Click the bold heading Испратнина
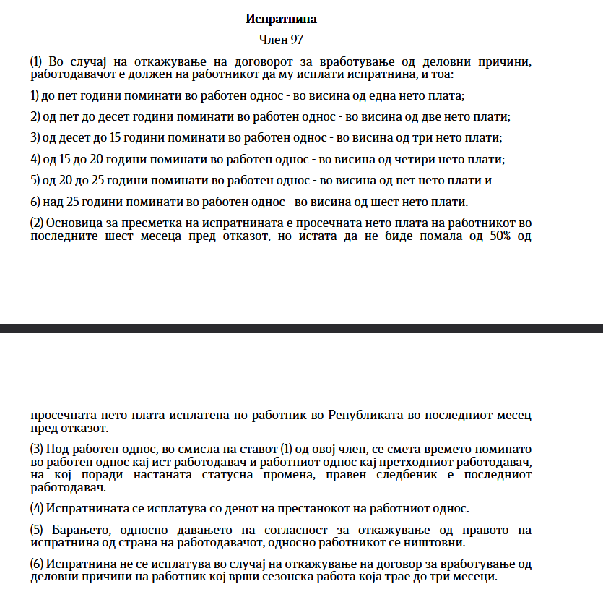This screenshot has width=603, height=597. [281, 19]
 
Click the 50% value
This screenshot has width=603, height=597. [494, 237]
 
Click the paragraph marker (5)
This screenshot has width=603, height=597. [38, 530]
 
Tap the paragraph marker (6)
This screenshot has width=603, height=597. [38, 564]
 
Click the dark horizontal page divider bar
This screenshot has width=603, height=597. [301, 329]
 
